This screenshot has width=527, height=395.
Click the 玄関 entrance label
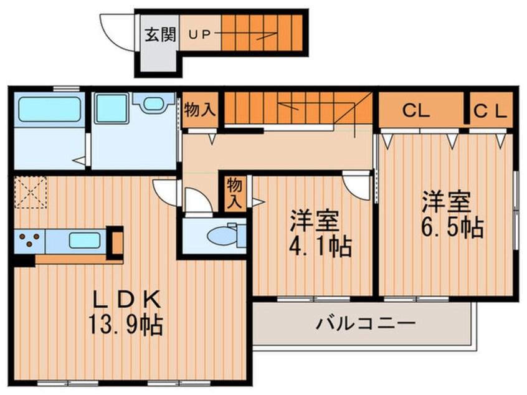pos(161,34)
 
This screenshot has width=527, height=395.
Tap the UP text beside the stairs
pos(200,35)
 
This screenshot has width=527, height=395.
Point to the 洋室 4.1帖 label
pos(318,234)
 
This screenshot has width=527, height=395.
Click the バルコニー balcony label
pos(364,323)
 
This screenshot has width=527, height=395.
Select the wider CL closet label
pos(415,112)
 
